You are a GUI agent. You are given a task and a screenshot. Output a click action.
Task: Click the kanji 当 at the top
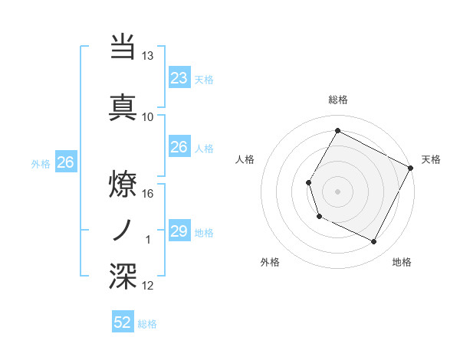pos(123,47)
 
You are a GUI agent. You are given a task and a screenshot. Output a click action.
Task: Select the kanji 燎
pos(123,184)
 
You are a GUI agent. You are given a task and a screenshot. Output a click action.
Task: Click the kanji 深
pos(123,277)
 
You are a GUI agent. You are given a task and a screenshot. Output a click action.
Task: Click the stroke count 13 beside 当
pos(148,56)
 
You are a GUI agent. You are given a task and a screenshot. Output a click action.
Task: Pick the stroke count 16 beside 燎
pos(148,194)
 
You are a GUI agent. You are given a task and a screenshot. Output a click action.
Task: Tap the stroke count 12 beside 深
pos(148,286)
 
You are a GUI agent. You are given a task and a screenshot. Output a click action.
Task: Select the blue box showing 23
pos(179,78)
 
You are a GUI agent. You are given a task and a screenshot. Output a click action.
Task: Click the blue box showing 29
pos(179,231)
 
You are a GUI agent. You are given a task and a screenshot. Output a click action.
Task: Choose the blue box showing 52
pos(123,322)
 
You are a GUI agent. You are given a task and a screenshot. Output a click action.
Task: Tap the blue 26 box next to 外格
pos(65,162)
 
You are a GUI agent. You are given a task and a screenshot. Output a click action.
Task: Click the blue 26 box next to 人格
pos(179,147)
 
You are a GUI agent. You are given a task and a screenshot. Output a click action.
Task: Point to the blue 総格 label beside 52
pos(147,324)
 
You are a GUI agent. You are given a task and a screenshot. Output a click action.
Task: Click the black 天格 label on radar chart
pos(431,159)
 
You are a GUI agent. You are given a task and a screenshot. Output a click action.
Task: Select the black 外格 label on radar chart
pos(270,262)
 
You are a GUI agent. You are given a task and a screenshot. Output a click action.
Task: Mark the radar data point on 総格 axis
pos(337,131)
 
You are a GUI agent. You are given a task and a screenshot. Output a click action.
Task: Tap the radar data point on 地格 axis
pos(374,242)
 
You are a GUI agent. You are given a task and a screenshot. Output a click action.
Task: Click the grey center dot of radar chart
pos(337,191)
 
